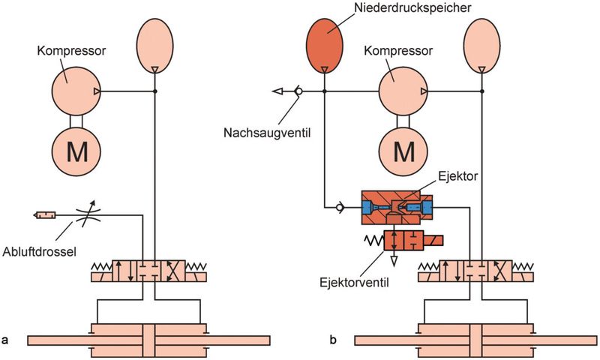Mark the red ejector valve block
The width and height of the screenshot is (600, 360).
pos(405,241)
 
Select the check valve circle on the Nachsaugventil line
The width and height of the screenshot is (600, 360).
pos(298,91)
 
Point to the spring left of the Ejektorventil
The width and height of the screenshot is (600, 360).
pos(373,241)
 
